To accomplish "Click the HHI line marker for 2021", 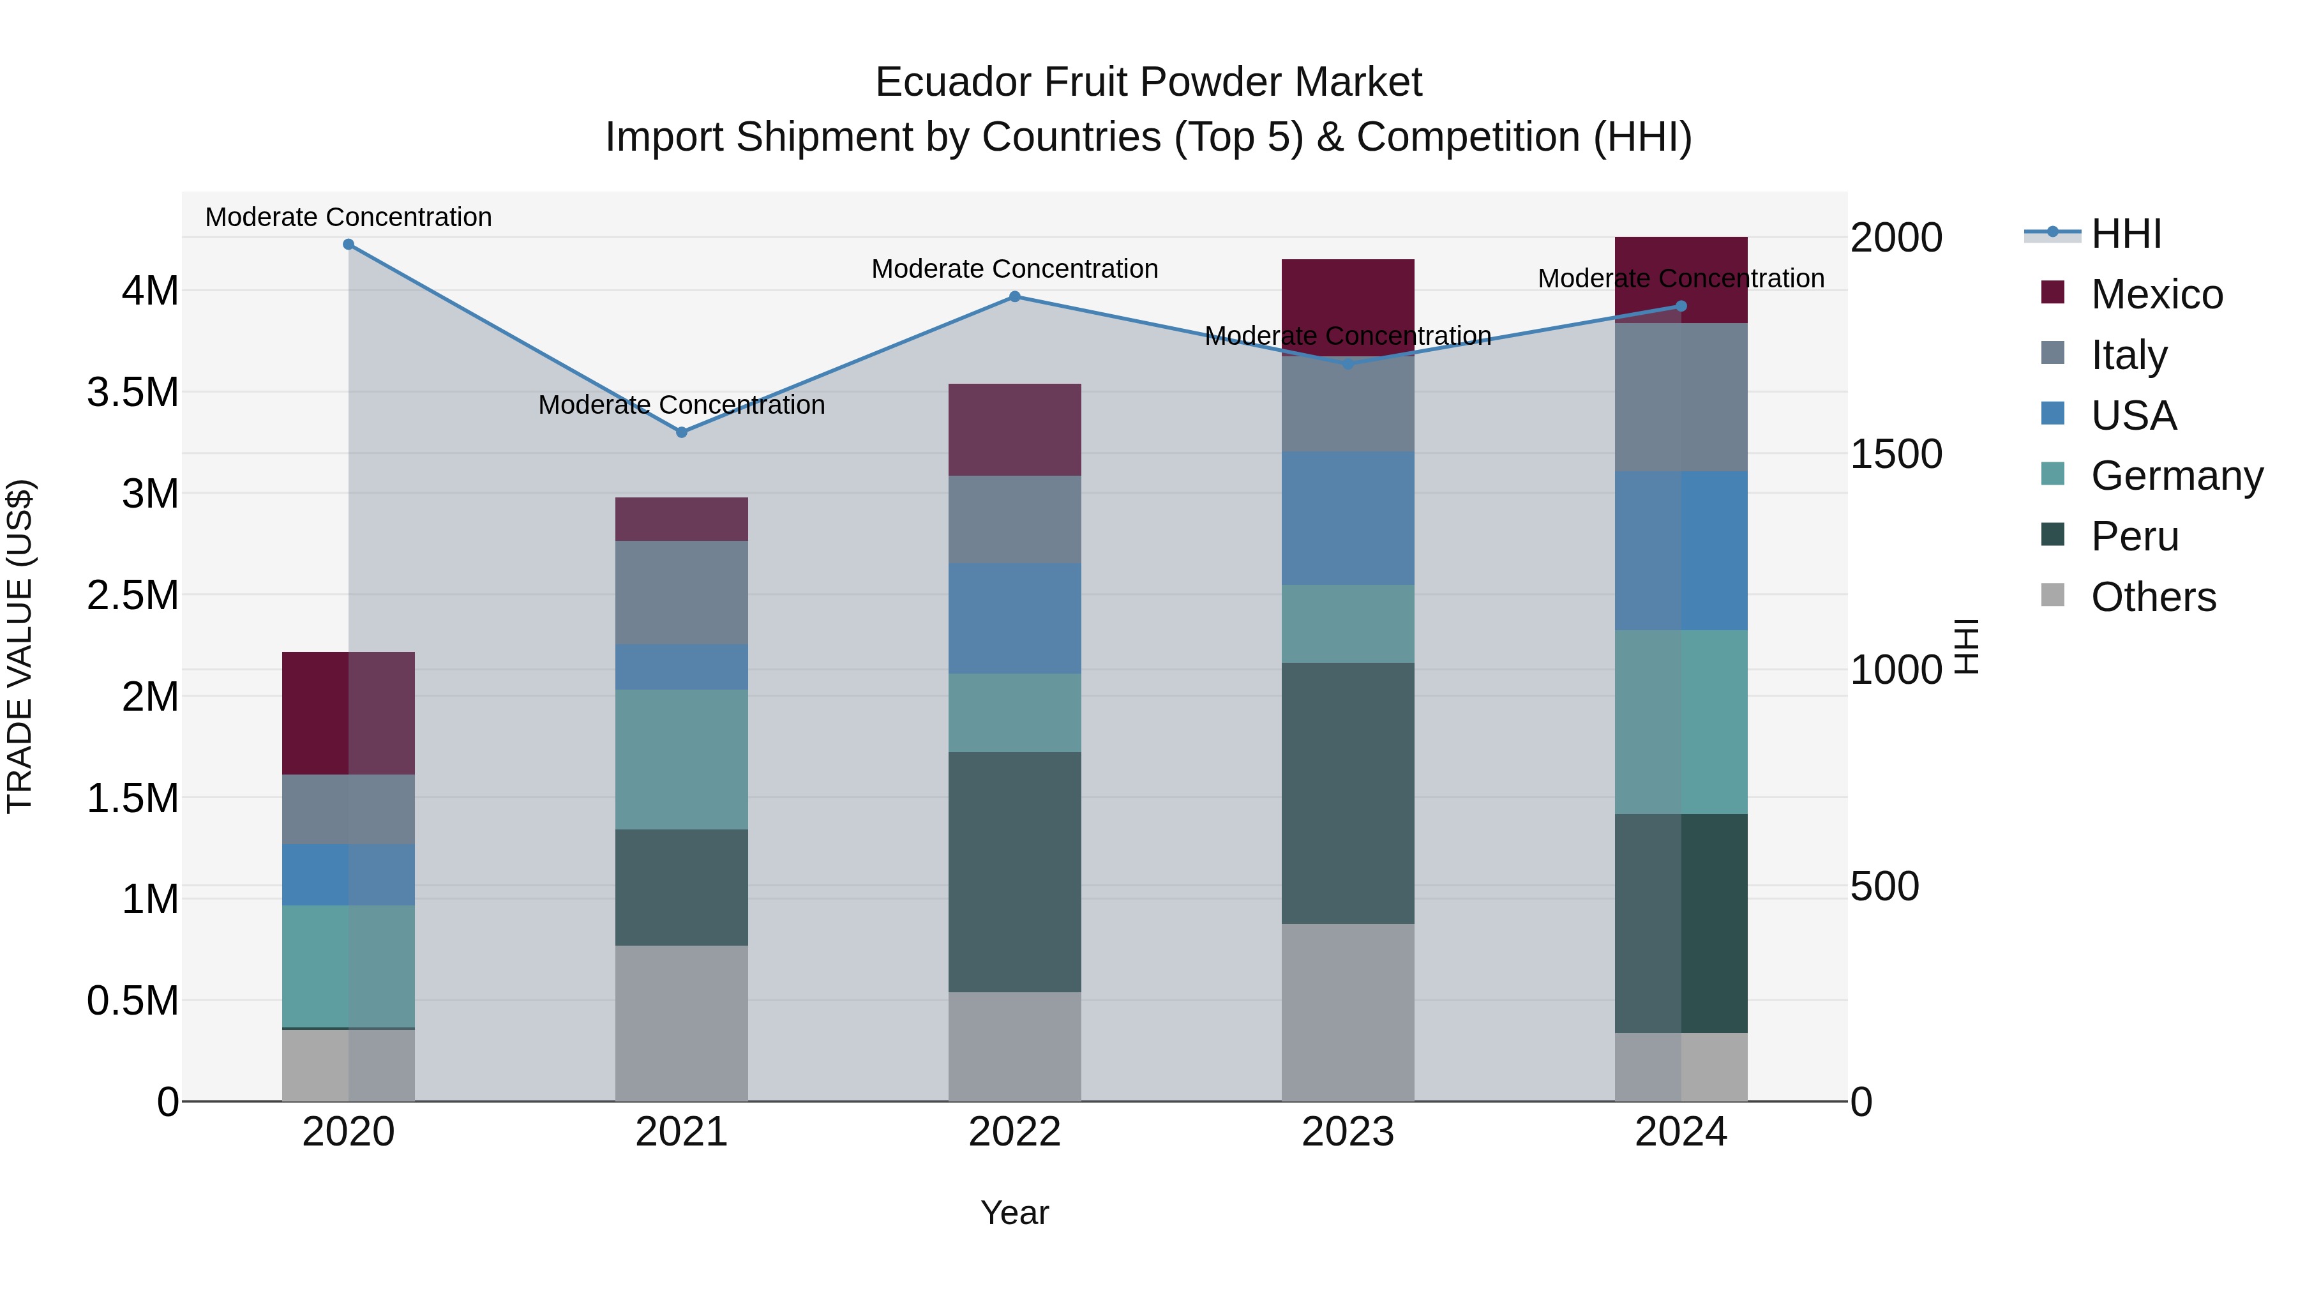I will click(x=682, y=432).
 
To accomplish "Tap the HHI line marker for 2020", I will click(x=349, y=245).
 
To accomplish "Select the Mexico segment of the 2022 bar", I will click(x=1014, y=429).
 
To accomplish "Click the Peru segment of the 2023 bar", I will click(x=1347, y=792).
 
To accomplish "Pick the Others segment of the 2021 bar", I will click(x=682, y=1023).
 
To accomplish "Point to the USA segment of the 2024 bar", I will click(x=1681, y=550).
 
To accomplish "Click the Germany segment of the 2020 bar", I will click(x=349, y=967).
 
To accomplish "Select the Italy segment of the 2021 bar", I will click(x=682, y=593).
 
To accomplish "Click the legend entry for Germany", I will click(x=2176, y=476).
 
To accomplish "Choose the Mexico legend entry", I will click(x=2156, y=294).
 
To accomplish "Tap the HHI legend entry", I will click(x=2125, y=234).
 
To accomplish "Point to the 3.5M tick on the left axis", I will click(x=133, y=392).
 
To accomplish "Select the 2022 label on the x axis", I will click(x=1014, y=1132).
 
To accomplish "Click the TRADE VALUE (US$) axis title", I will click(x=20, y=646).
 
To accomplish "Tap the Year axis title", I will click(x=1014, y=1213).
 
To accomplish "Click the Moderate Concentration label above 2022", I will click(x=1014, y=269).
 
